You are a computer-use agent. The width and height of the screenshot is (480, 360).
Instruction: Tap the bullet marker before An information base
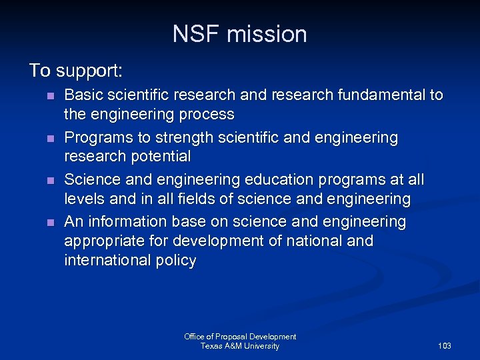pos(50,223)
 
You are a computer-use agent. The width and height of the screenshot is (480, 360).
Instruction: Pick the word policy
pos(176,260)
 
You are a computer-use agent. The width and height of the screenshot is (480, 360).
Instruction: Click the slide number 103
pos(445,346)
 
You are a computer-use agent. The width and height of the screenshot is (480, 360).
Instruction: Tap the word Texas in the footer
pos(212,346)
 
